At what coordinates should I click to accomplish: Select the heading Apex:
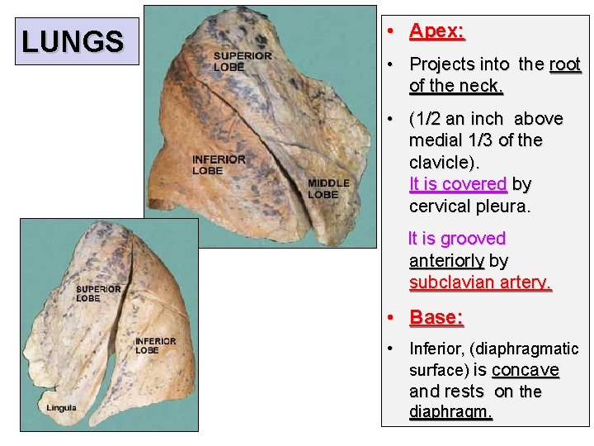pos(437,31)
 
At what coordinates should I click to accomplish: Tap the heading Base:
pos(436,317)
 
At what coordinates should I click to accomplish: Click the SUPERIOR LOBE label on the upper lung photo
pos(242,61)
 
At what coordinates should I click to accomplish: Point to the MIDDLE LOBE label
pos(328,188)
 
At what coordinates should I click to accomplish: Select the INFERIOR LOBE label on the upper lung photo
pos(219,164)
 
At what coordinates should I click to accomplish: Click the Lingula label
pos(61,408)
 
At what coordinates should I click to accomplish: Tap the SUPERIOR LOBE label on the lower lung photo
pos(98,293)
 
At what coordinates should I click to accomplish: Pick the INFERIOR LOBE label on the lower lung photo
pos(155,345)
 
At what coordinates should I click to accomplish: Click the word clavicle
pos(443,162)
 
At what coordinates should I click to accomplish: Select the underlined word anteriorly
pos(446,261)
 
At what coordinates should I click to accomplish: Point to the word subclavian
pos(452,282)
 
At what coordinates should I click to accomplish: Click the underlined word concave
pos(525,370)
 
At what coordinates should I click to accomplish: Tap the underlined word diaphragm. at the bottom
pos(450,411)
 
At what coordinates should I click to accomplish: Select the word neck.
pos(483,86)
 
